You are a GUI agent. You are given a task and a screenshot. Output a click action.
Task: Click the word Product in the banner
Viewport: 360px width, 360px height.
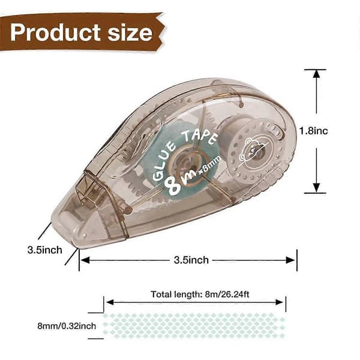[x=55, y=32]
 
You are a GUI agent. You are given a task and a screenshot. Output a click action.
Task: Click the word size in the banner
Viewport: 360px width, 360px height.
[x=130, y=33]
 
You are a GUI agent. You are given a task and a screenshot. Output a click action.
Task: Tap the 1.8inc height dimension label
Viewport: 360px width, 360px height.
[x=314, y=131]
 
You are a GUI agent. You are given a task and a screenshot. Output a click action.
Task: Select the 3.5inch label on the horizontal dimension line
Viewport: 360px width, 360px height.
[x=191, y=260]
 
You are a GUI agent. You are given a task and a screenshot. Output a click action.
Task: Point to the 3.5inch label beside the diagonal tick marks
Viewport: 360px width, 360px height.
[x=45, y=250]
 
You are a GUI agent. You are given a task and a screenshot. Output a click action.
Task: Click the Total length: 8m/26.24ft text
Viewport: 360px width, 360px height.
[x=200, y=295]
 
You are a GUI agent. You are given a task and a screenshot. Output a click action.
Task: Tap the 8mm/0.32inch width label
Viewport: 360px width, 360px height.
[x=67, y=326]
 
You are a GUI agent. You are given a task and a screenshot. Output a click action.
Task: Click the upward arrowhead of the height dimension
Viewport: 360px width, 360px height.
[x=316, y=73]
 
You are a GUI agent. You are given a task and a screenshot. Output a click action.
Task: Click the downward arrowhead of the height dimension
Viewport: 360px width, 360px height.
[x=316, y=188]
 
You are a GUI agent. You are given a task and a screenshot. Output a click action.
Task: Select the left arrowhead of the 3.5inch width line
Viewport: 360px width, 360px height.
[x=85, y=260]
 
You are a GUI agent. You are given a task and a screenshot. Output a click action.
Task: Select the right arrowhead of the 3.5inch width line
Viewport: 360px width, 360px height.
[x=290, y=260]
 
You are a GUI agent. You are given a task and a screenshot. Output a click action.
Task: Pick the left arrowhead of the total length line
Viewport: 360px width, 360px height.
[x=110, y=302]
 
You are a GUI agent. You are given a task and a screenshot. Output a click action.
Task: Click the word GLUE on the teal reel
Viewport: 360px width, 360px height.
[x=164, y=161]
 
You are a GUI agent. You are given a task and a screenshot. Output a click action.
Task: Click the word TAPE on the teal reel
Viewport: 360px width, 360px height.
[x=199, y=138]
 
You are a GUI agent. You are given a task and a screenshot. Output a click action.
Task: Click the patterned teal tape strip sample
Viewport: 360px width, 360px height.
[x=194, y=326]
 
